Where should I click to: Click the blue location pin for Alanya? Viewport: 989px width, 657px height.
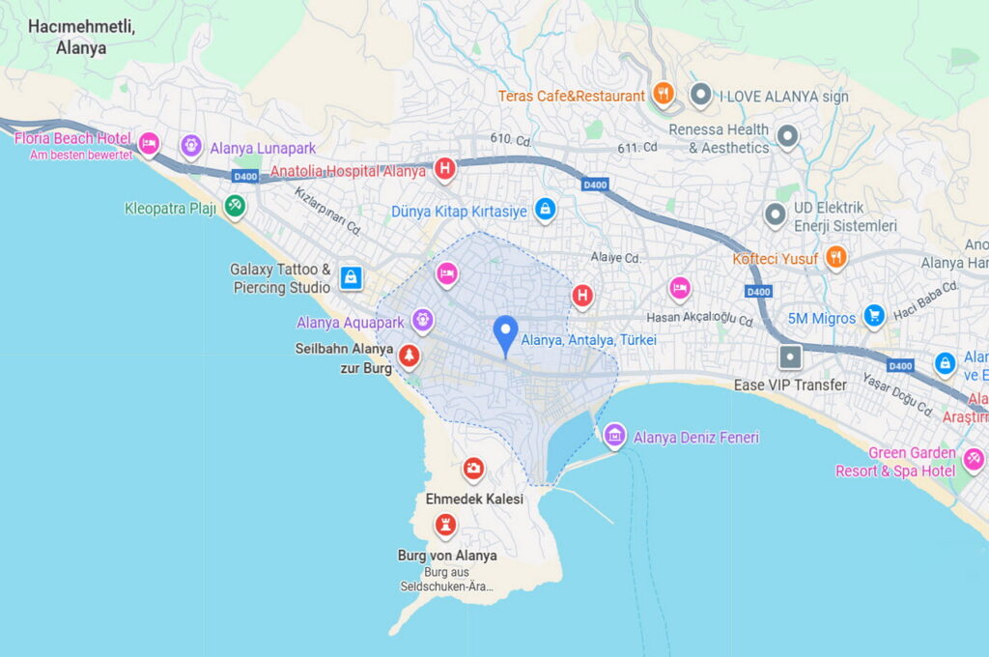pos(505,333)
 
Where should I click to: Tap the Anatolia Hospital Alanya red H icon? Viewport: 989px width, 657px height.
pos(444,170)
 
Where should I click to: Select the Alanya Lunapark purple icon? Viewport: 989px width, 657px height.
pos(191,146)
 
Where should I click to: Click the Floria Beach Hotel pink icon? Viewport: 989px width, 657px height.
pos(148,144)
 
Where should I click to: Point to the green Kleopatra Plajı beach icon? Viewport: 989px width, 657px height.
pos(234,206)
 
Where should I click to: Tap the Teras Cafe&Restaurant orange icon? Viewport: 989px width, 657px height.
pos(663,94)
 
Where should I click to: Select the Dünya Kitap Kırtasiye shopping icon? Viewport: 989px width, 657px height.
pos(546,209)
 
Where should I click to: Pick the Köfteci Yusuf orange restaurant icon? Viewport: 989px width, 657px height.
pos(836,257)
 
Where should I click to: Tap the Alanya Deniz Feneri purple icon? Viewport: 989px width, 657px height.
pos(614,436)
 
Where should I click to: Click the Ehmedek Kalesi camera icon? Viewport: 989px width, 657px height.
pos(473,470)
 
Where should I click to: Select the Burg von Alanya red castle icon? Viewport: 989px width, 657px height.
pos(445,526)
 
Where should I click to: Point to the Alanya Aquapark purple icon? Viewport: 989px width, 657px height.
pos(422,320)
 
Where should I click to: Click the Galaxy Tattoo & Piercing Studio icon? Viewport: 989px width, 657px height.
pos(351,278)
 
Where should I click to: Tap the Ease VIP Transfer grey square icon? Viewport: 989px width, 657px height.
pos(791,357)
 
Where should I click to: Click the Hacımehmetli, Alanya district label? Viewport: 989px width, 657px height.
pos(81,37)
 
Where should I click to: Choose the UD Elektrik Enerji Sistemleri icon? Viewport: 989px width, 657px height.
pos(775,214)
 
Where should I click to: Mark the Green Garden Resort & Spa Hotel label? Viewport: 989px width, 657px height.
pos(898,462)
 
